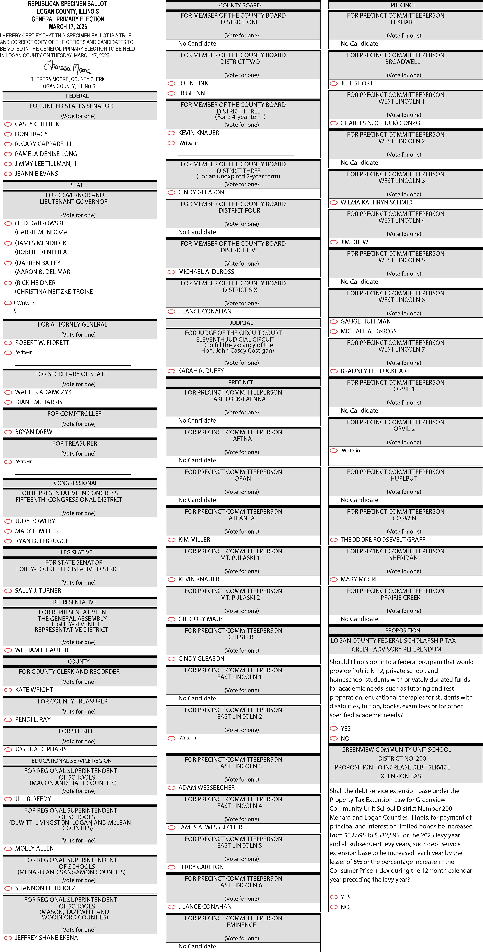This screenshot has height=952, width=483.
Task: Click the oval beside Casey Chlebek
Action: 8,124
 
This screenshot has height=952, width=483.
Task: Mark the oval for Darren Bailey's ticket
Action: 8,263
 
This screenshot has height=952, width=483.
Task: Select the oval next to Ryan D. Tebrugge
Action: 8,541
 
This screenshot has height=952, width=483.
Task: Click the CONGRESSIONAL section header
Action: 76,483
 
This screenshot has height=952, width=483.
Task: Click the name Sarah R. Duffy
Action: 201,371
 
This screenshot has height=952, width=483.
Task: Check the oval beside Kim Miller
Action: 171,540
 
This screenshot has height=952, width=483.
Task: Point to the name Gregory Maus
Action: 201,619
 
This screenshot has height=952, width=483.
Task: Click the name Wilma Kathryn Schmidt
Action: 378,202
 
